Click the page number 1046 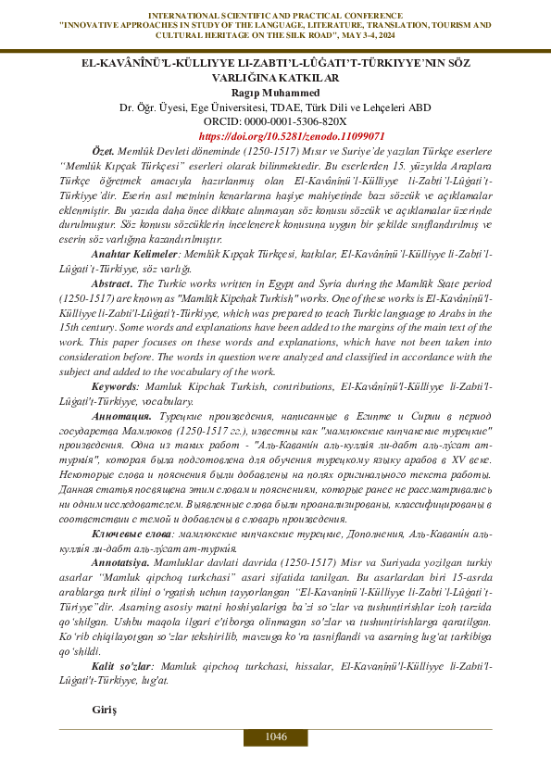(x=275, y=736)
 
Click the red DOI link (x=275, y=134)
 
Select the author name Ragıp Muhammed (x=275, y=93)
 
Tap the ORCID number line (x=275, y=120)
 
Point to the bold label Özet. (x=102, y=150)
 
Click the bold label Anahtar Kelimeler (x=128, y=254)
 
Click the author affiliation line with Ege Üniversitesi (x=275, y=107)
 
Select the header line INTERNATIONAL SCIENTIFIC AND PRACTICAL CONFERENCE (x=275, y=15)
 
